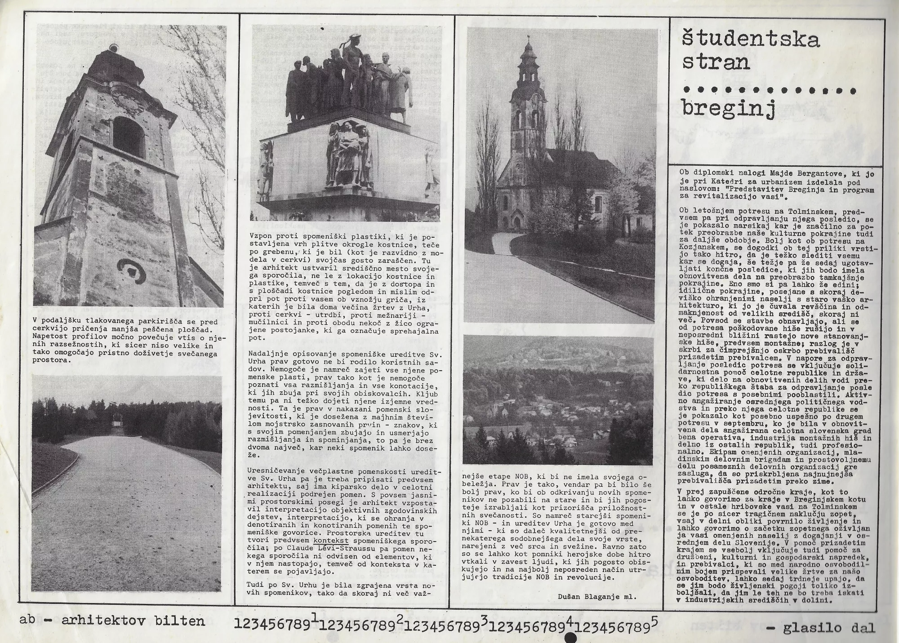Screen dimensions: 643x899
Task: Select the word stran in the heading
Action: point(716,62)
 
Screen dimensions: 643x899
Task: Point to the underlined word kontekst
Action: point(331,541)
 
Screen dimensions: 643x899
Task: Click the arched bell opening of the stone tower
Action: point(129,136)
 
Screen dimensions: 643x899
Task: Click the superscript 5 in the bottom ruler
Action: point(654,618)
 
